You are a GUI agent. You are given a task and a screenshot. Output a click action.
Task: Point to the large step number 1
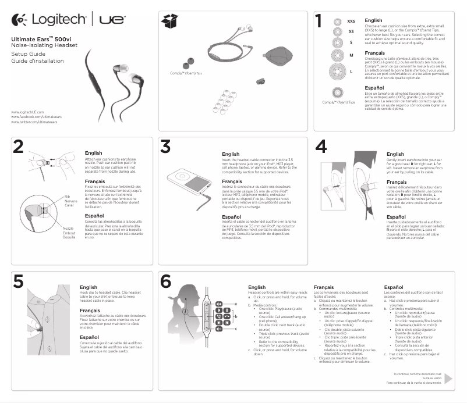(x=318, y=22)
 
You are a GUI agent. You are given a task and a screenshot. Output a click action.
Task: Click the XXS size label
(x=351, y=21)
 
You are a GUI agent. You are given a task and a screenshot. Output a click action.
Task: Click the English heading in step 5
(x=89, y=287)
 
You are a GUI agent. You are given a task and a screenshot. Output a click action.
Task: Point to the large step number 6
(x=166, y=282)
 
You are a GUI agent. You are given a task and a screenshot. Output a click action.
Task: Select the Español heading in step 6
(x=394, y=287)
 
